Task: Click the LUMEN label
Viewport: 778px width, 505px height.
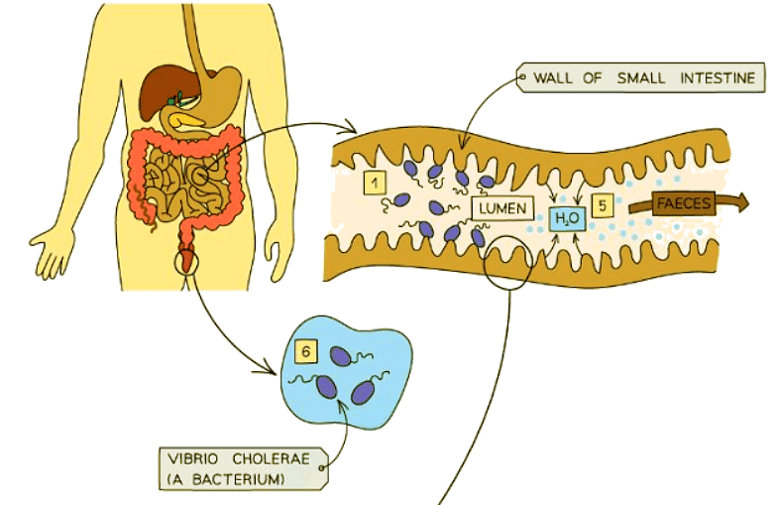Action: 503,209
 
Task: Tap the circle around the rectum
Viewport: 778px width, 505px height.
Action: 186,260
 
